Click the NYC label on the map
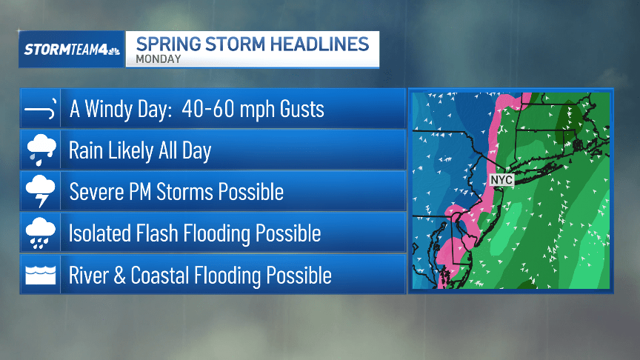tap(501, 180)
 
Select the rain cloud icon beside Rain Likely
tap(40, 150)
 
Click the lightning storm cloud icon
tap(40, 192)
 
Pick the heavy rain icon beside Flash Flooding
tap(40, 233)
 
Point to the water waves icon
tap(40, 275)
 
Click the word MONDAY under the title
tap(159, 59)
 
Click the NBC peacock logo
tap(113, 50)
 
